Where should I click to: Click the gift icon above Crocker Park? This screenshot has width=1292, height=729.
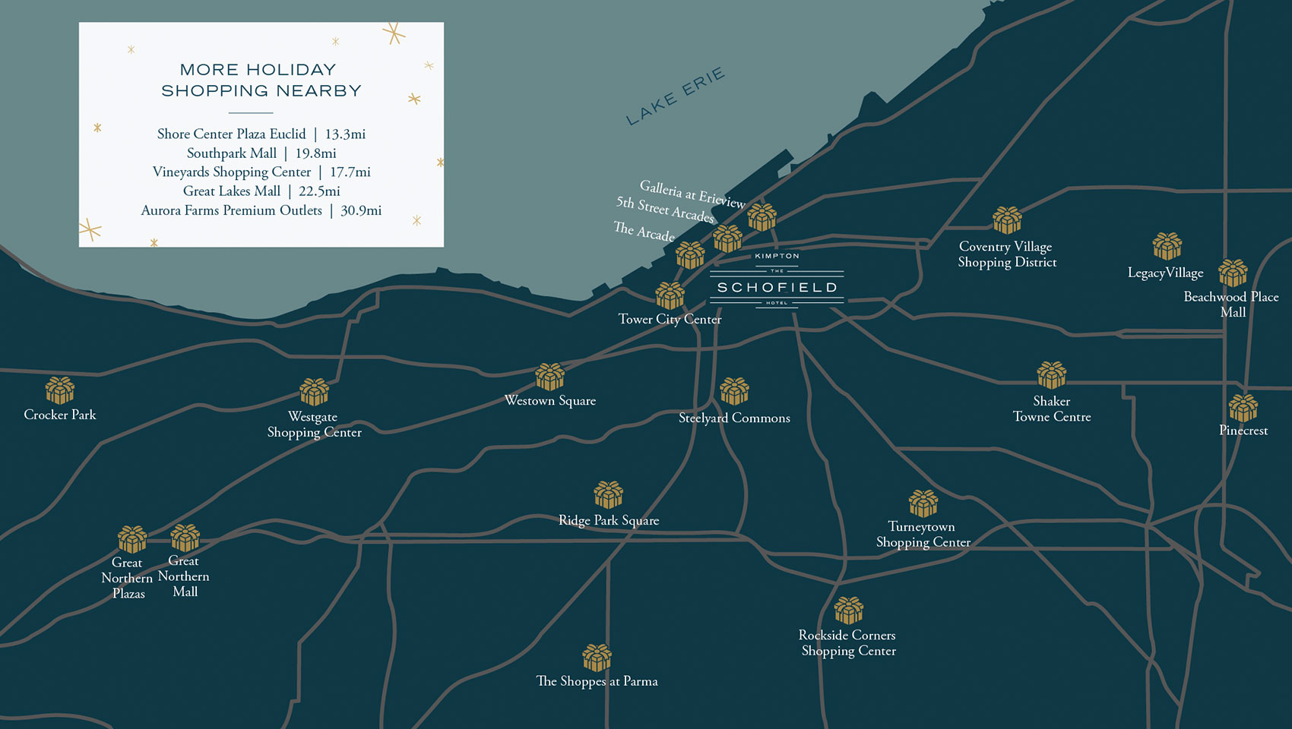click(59, 390)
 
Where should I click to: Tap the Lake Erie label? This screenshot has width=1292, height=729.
click(675, 96)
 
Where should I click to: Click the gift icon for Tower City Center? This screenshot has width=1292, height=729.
click(670, 295)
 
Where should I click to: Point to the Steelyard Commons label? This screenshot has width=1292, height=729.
click(734, 418)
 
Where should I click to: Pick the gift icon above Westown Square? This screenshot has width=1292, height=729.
click(549, 377)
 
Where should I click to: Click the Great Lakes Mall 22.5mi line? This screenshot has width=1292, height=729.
click(261, 191)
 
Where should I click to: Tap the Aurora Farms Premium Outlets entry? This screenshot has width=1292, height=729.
click(261, 210)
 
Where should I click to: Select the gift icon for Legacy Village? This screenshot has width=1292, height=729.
click(1167, 246)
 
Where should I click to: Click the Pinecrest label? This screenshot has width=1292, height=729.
click(1243, 431)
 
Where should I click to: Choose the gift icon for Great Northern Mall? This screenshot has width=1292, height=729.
click(185, 538)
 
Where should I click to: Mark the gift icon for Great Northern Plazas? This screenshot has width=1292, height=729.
click(132, 539)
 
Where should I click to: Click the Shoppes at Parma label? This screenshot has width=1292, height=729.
click(597, 681)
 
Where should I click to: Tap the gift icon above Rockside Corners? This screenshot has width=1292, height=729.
click(848, 610)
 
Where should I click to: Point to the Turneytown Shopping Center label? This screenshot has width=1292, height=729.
click(923, 535)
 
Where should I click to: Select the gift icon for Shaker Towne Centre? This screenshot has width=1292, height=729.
click(1051, 374)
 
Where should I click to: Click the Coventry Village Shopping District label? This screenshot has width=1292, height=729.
click(1007, 254)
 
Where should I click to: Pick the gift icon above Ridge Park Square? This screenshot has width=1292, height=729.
click(608, 494)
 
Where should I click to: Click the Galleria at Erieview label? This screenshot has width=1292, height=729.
click(692, 194)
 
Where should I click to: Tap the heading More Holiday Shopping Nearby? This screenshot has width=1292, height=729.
click(261, 80)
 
